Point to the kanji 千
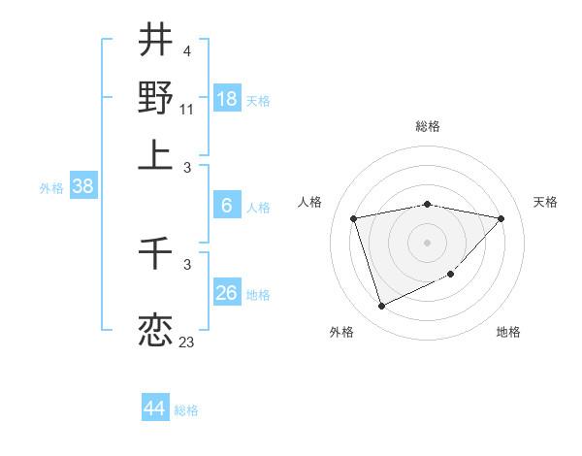(155, 256)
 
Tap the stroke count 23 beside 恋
(186, 342)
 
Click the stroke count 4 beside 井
(186, 50)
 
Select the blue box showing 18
(227, 99)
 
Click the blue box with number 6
(227, 205)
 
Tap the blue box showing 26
(227, 293)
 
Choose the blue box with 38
(82, 187)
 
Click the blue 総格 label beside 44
(186, 410)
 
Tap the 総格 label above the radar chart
(428, 127)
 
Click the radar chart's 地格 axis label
(508, 332)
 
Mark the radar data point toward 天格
(501, 219)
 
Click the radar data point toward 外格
(381, 307)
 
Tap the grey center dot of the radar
(428, 242)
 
